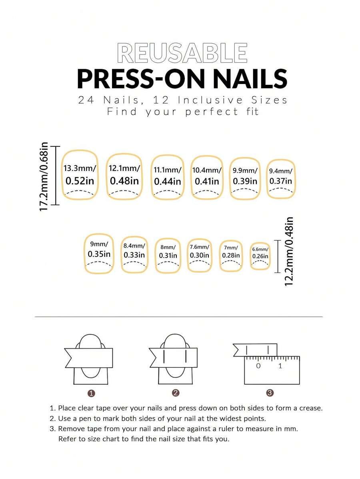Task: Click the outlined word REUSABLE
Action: pos(182,53)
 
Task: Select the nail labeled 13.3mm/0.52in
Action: pos(80,175)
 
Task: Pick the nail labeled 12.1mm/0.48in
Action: pos(124,176)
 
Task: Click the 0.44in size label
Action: pos(168,182)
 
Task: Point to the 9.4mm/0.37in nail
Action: pos(281,179)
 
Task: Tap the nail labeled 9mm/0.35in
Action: pos(99,253)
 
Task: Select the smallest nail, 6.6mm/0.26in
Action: pos(260,256)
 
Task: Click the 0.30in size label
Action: pos(200,255)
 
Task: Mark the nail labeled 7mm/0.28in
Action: pos(231,255)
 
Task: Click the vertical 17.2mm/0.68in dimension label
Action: pos(44,177)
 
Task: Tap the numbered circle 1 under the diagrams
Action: pos(91,393)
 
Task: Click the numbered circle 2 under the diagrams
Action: pos(176,393)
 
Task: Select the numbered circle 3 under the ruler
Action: pos(270,393)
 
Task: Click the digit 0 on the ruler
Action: pos(258,366)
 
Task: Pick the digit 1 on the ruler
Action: pos(280,366)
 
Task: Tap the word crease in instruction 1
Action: pos(310,408)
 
